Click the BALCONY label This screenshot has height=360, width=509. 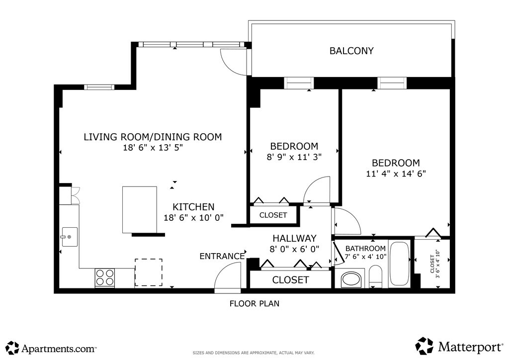coord(351,51)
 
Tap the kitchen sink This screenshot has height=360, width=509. coord(70,237)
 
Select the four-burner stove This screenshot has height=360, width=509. coord(105,277)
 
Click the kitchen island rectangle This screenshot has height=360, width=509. coord(140,210)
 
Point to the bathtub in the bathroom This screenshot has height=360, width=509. coord(399,264)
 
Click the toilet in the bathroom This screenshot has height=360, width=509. coord(376,276)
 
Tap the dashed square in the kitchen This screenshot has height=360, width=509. coord(149,272)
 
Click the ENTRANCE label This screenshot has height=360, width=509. coord(222,257)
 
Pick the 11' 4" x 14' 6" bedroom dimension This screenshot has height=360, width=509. coord(396,174)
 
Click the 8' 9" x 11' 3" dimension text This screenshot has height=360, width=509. coord(294,157)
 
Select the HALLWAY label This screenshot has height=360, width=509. coord(294,238)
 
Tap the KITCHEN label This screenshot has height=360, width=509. coord(193,207)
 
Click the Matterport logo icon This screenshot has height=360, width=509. coord(424,346)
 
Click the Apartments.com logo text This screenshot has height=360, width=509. coord(59,349)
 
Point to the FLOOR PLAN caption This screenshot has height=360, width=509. coord(254,303)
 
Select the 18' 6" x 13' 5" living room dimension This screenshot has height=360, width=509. coord(153,148)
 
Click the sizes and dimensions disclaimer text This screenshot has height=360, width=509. coord(254,353)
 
